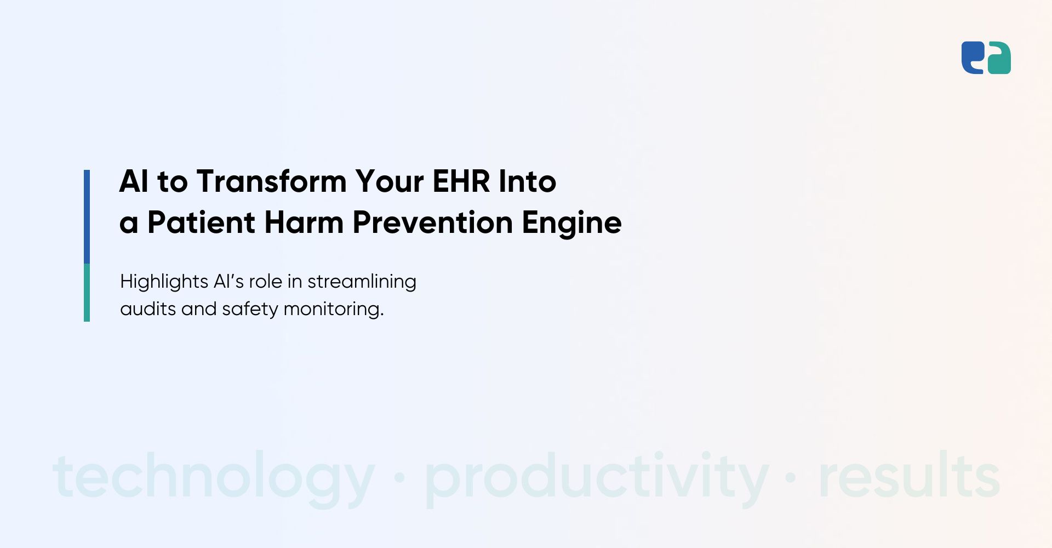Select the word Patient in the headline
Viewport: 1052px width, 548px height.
coord(201,222)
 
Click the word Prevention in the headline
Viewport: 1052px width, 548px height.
coord(432,222)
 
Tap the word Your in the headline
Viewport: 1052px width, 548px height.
coord(389,181)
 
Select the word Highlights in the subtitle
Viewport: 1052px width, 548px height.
coord(164,282)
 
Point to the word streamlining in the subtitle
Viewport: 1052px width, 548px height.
coord(362,282)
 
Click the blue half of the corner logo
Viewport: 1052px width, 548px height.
coord(972,58)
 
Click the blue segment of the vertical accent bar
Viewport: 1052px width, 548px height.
coord(87,216)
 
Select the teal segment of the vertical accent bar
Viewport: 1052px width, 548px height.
coord(87,293)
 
